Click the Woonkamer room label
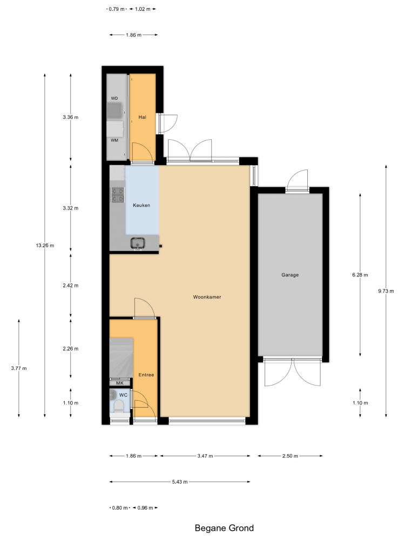[x=207, y=297]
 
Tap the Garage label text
[x=290, y=275]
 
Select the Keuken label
[x=141, y=205]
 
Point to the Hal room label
[x=142, y=117]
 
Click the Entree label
[x=146, y=375]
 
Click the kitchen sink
[x=138, y=244]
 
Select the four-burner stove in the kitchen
[x=118, y=194]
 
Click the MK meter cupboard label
[x=119, y=383]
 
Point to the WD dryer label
[x=114, y=98]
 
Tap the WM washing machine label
[x=114, y=140]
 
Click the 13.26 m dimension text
[x=45, y=246]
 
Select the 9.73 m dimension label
[x=386, y=291]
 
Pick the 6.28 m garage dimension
[x=360, y=275]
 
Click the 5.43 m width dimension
[x=180, y=482]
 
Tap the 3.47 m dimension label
[x=205, y=456]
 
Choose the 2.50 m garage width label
[x=290, y=456]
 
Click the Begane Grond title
[x=224, y=528]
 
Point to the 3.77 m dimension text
[x=18, y=368]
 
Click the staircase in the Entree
[x=121, y=358]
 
